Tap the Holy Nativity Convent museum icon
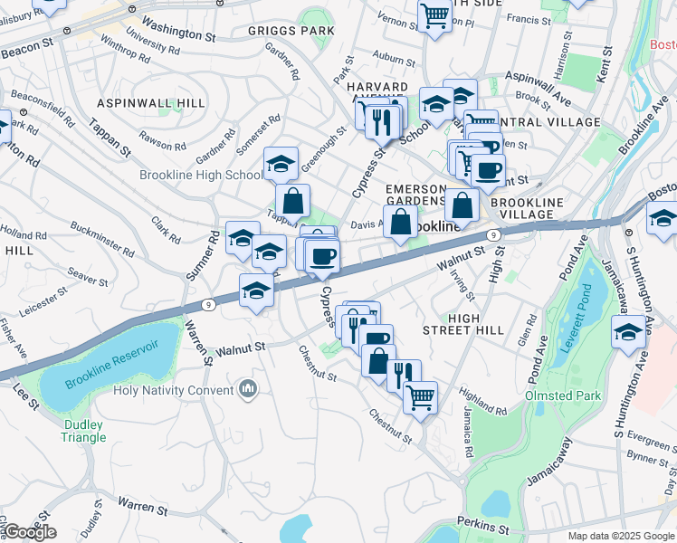pos(249,390)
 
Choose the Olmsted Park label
pos(563,396)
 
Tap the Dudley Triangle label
pos(84,431)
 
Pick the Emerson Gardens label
pos(416,195)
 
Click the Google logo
pos(30,531)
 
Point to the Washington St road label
pos(179,31)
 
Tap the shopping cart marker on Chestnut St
pos(420,395)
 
